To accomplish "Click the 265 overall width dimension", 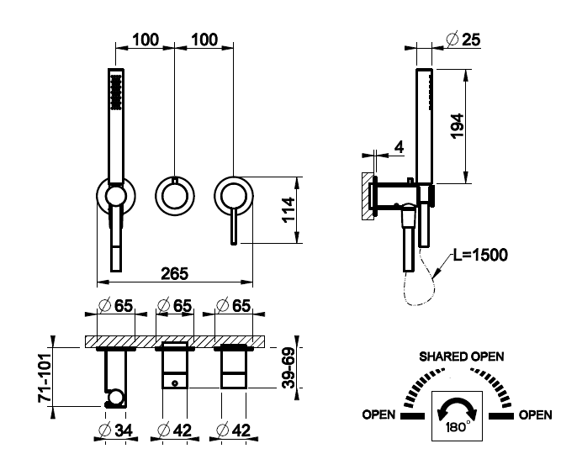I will coord(174,273).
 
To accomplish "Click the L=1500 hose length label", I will coord(479,254).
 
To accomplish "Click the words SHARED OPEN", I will coord(462,356).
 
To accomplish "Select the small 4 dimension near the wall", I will coord(399,147).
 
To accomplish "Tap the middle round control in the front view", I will coord(174,197).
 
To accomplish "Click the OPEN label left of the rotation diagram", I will coord(378,414).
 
